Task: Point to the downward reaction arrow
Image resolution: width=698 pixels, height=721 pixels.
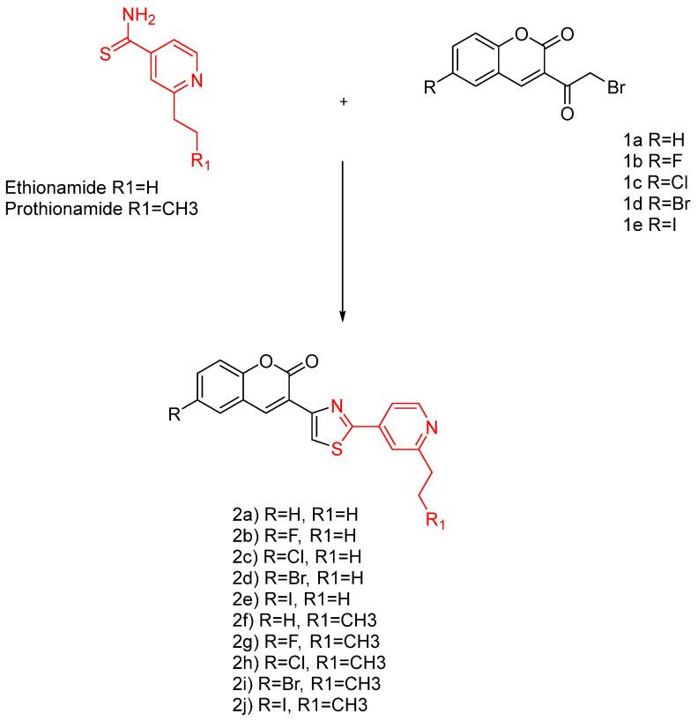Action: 342,238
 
